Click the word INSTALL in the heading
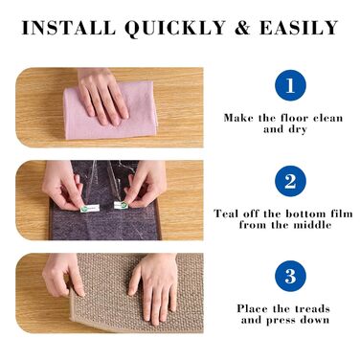coord(69,28)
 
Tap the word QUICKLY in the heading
coord(175,28)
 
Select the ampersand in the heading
coord(243,28)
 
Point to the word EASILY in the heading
coord(299,28)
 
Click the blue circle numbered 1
coord(290,85)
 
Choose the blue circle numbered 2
coord(290,181)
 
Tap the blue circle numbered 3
coord(290,276)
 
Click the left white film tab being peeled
coord(90,209)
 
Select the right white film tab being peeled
coord(122,205)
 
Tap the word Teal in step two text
coord(226,214)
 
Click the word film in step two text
coord(341,214)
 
